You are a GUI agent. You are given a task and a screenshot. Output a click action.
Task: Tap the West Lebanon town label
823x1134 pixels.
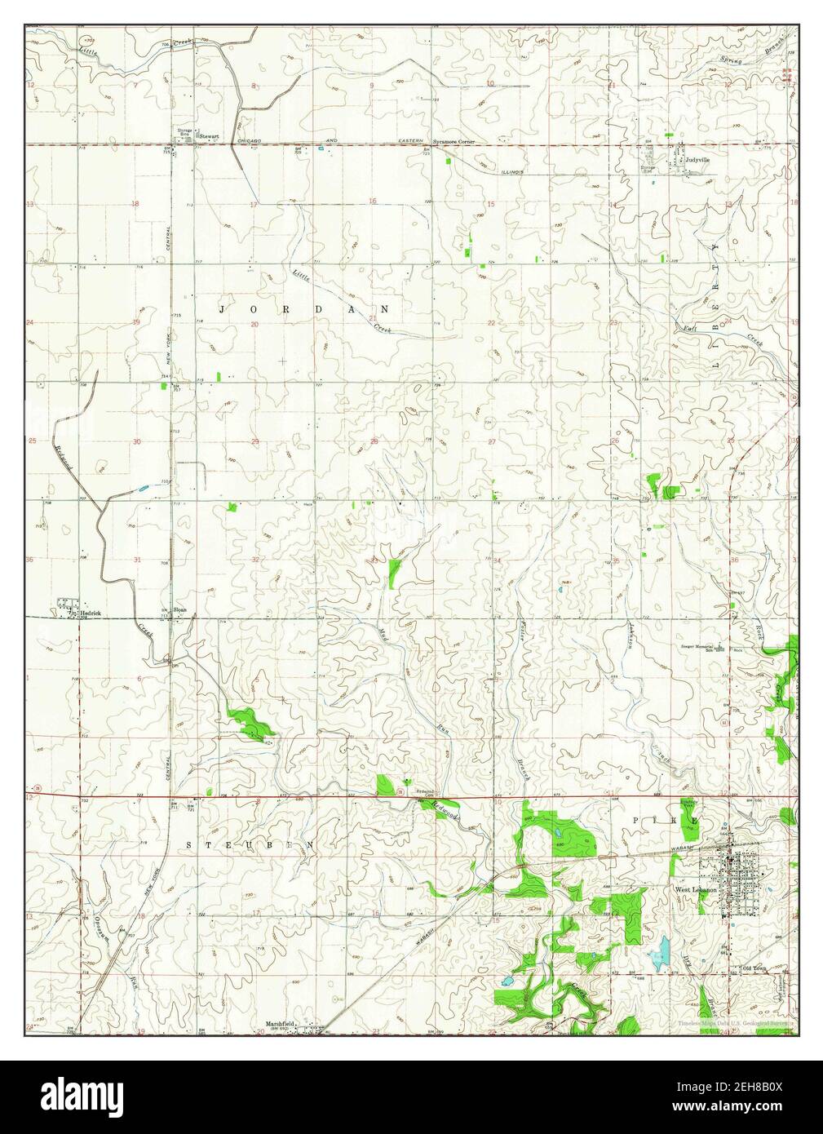click(696, 889)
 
